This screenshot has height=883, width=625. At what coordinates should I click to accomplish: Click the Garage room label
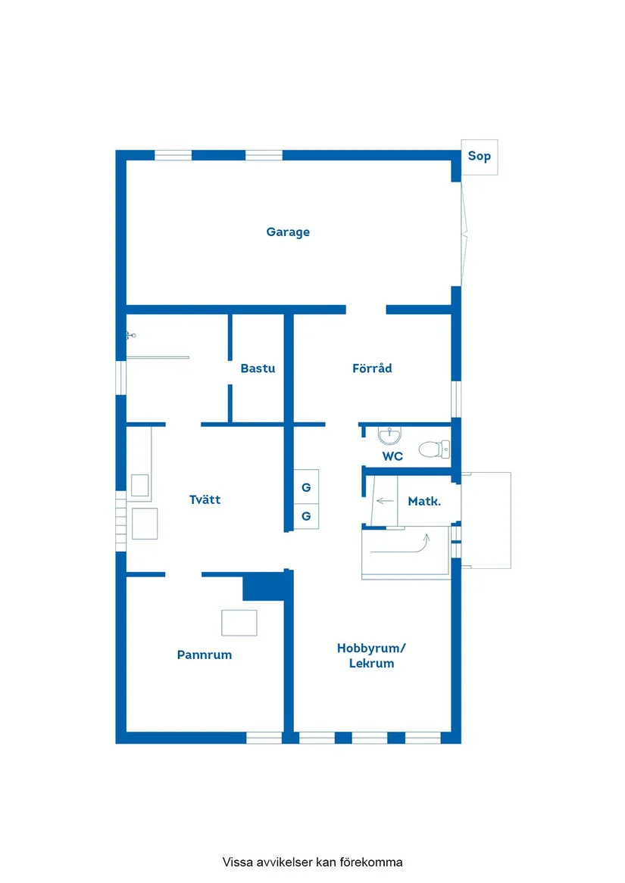288,232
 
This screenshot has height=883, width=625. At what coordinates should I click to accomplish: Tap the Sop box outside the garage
480,157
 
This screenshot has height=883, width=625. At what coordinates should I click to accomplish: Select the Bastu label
258,368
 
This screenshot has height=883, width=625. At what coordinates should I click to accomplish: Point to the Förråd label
372,368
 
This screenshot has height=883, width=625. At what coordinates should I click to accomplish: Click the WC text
392,456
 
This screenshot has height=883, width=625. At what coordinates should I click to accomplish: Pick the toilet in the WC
434,449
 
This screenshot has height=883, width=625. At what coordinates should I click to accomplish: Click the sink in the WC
389,435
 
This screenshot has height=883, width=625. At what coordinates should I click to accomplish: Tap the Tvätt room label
205,499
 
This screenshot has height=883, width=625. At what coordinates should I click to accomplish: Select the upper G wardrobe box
306,487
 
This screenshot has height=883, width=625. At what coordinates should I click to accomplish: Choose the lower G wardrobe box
306,516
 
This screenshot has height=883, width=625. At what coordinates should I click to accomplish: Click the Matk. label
424,501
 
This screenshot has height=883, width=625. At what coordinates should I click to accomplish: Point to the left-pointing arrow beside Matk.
385,500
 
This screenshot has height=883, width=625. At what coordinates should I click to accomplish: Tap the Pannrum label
205,655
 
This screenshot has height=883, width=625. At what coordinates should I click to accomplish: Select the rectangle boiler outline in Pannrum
239,623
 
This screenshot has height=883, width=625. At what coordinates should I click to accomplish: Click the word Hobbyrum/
371,648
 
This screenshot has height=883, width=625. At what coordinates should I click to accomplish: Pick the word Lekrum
371,664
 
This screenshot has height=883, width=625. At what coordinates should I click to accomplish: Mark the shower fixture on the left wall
131,335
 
